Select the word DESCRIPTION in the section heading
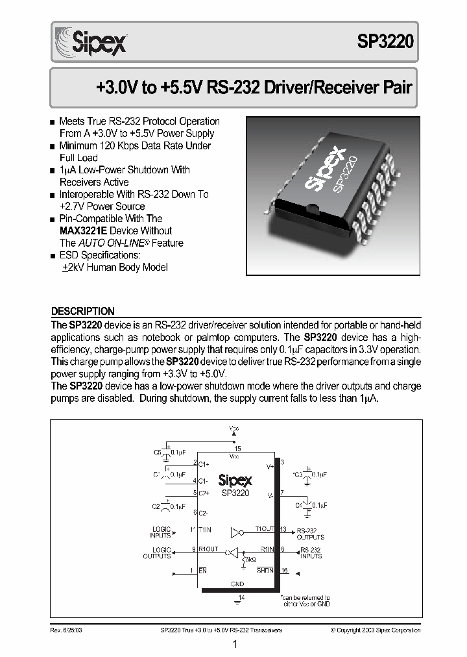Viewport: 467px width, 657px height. [x=82, y=311]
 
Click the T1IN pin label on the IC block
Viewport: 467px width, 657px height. [x=207, y=530]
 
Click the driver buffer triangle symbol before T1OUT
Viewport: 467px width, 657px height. [x=237, y=534]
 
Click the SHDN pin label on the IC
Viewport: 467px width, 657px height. [x=265, y=570]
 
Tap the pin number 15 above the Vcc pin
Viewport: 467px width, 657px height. [x=237, y=449]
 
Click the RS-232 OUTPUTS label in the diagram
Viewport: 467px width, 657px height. [x=310, y=534]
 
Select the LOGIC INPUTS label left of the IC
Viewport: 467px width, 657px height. [x=160, y=532]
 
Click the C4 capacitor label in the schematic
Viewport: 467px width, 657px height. [x=299, y=504]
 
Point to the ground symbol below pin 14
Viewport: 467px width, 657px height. [x=237, y=602]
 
